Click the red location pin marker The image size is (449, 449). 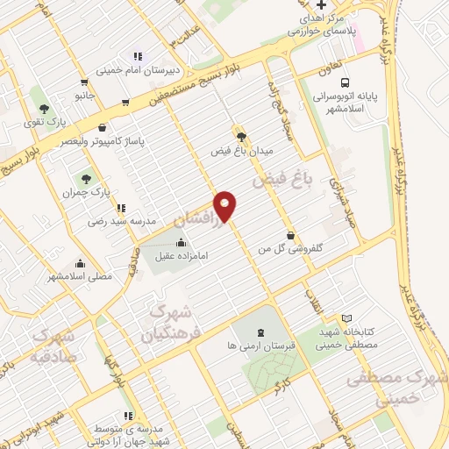[226, 204]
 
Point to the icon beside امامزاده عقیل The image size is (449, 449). [182, 242]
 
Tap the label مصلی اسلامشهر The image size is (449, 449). [82, 276]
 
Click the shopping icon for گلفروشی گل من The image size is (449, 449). [290, 234]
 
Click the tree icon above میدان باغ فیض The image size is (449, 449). [242, 135]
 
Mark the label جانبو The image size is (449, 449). [84, 94]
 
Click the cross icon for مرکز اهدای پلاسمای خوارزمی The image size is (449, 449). [321, 6]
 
